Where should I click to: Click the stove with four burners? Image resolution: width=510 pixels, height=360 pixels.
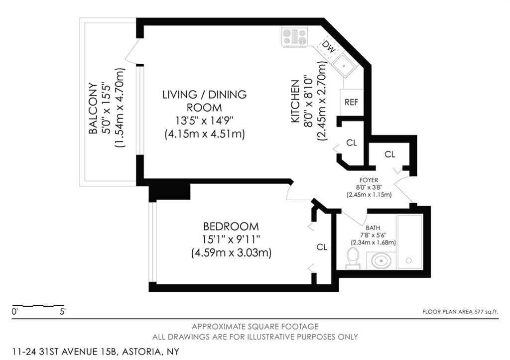(x=294, y=36)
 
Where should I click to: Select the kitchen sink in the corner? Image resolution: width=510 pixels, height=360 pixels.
(x=345, y=65)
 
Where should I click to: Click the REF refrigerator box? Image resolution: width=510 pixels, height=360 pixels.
(x=351, y=102)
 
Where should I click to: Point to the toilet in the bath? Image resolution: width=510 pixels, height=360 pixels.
(x=353, y=257)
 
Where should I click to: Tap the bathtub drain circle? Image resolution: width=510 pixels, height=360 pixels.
(x=408, y=260)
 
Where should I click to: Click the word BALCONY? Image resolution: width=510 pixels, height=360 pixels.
(x=93, y=108)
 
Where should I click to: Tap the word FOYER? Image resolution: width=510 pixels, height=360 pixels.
(x=369, y=179)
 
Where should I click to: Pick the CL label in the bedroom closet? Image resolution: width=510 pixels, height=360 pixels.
(x=322, y=247)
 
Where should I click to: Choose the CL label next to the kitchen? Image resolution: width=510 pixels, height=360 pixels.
(x=352, y=143)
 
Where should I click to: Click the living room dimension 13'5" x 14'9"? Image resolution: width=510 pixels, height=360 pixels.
(x=204, y=120)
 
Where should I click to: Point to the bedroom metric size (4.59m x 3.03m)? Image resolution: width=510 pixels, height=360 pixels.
(x=231, y=253)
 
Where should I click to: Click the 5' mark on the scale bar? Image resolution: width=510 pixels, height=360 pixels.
(x=62, y=313)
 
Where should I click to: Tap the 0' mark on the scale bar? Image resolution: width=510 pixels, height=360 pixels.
(x=15, y=313)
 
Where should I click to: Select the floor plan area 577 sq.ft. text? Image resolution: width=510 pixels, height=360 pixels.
(x=460, y=312)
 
